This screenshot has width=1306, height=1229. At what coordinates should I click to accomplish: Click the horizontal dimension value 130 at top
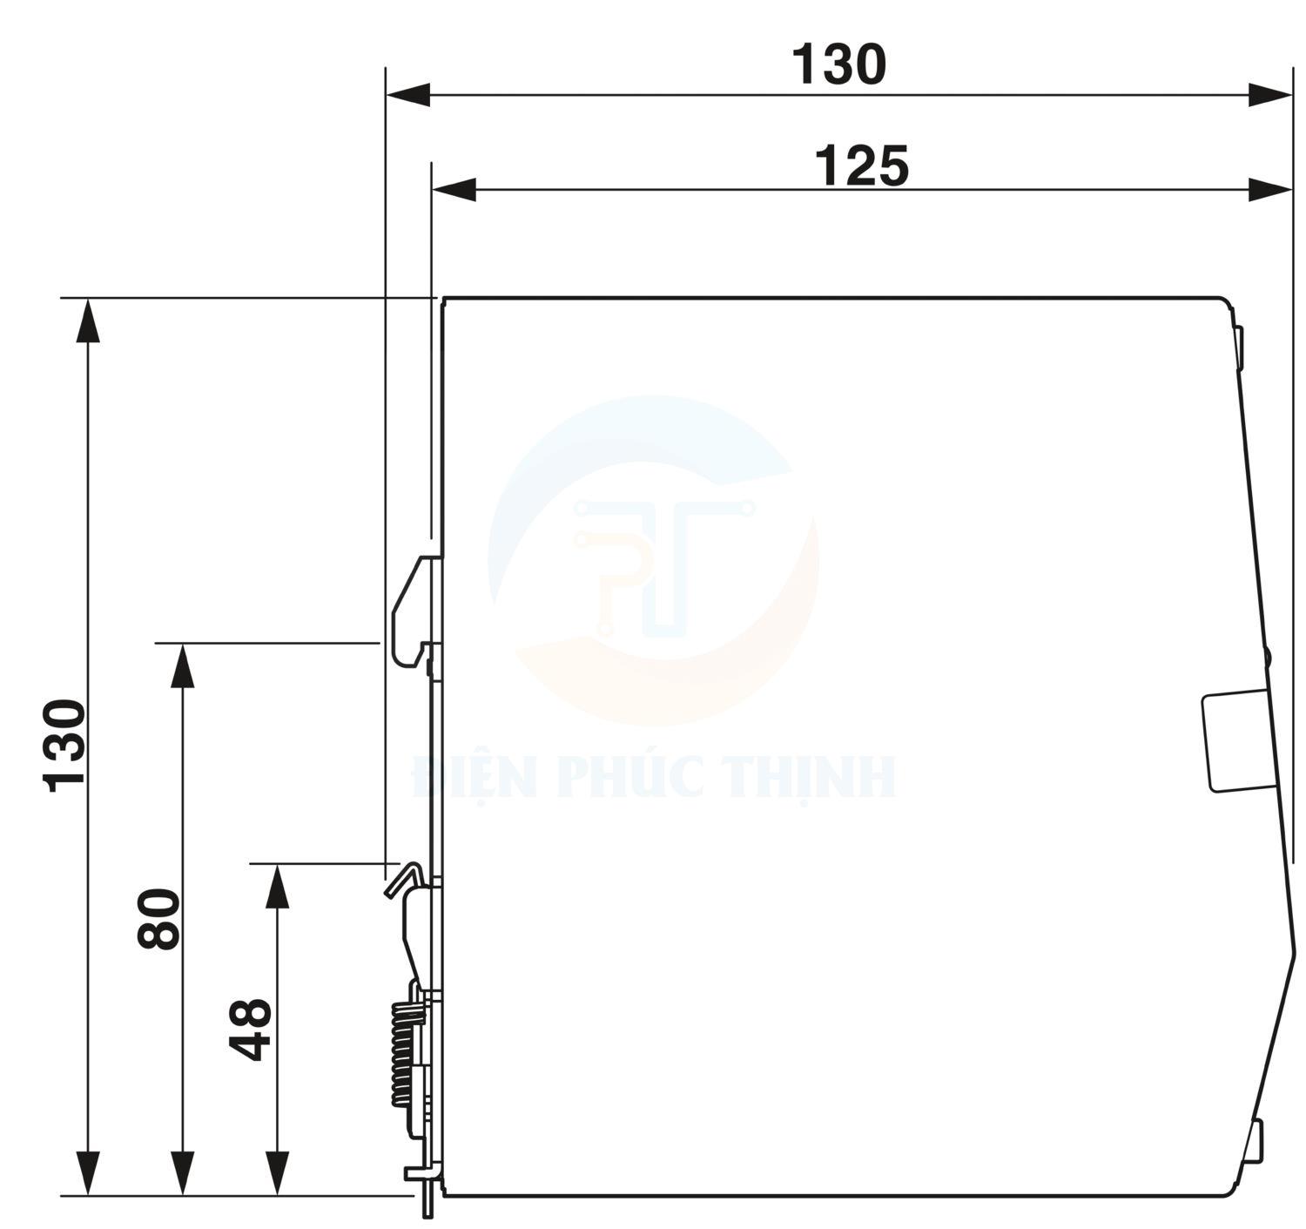point(838,65)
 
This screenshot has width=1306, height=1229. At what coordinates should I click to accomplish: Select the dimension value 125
point(861,166)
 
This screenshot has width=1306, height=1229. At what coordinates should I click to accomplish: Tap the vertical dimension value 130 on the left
point(66,745)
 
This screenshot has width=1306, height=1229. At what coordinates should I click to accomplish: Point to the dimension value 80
point(159,918)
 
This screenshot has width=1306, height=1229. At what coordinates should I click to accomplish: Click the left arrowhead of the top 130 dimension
point(407,95)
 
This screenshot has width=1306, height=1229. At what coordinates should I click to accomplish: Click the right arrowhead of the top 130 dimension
point(1270,95)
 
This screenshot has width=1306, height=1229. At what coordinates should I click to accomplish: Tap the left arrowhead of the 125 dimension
point(454,189)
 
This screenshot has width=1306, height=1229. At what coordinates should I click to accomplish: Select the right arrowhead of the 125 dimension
point(1270,189)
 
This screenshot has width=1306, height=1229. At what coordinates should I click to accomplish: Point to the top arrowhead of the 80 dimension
point(182,665)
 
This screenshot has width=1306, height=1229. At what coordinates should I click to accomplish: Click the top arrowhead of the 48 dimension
point(277,886)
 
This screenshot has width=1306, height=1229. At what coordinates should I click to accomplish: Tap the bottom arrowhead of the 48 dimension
point(277,1172)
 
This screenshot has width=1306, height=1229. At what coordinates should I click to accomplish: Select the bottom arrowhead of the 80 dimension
point(182,1172)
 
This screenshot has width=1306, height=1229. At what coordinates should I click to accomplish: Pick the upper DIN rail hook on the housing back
point(413,610)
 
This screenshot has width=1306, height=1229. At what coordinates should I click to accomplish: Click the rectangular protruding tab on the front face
point(1235,741)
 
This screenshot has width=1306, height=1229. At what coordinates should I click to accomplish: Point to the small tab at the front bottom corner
point(1255,1141)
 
